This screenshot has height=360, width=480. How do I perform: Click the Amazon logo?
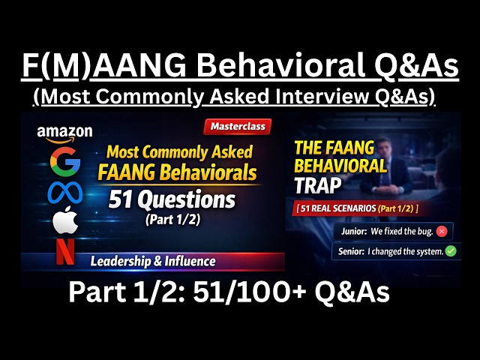64,133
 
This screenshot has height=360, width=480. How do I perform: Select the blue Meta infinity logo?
64,193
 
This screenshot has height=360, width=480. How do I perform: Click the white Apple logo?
64,222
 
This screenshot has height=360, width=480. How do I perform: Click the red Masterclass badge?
237,127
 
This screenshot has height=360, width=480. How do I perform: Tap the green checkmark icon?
450,250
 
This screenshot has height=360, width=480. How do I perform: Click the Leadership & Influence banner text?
153,261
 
